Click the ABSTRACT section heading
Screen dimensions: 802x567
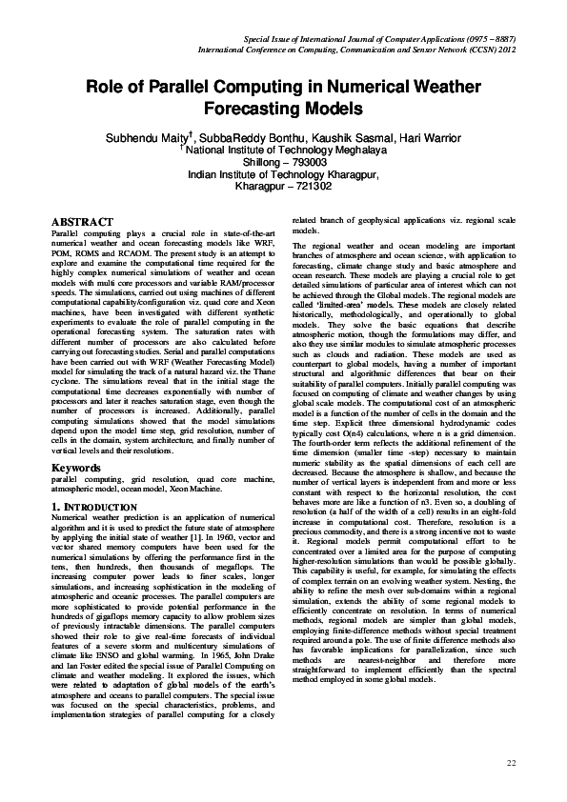pos(83,222)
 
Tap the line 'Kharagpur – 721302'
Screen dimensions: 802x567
pos(283,187)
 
